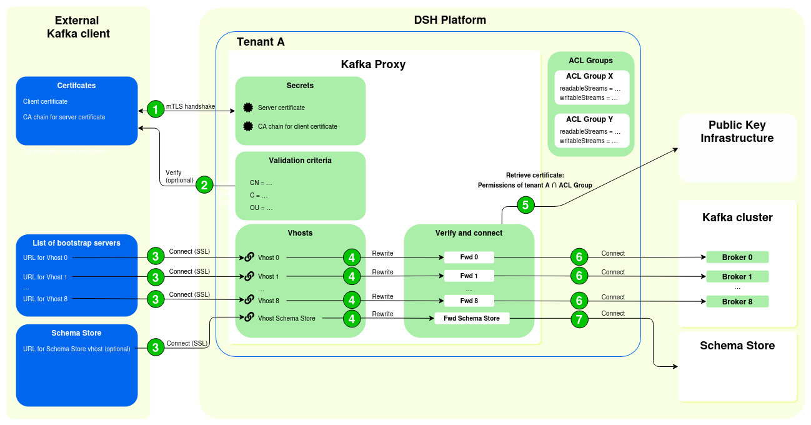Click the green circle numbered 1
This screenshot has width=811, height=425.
(156, 109)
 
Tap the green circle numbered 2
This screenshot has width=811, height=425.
(204, 185)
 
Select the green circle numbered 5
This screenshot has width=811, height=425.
(525, 205)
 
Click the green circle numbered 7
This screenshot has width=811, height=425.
(579, 319)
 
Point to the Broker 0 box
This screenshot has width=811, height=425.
(737, 257)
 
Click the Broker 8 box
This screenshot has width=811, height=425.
(737, 302)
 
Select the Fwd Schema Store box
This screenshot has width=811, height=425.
(472, 319)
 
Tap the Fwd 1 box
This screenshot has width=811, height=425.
(469, 276)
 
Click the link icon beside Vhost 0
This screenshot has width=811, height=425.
(249, 257)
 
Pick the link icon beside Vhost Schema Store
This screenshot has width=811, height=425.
(249, 318)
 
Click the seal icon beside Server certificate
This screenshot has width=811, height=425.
(248, 107)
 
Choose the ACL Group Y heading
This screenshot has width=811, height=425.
(589, 119)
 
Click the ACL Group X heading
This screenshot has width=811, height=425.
(589, 76)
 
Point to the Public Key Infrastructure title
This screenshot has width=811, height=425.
(737, 132)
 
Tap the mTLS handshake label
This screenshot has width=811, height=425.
(191, 106)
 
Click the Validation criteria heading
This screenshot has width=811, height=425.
(300, 161)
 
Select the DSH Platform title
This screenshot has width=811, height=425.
(450, 20)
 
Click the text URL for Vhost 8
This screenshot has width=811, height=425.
(45, 299)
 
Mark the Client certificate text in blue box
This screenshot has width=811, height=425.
(45, 101)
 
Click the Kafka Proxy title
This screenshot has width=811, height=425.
(373, 64)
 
